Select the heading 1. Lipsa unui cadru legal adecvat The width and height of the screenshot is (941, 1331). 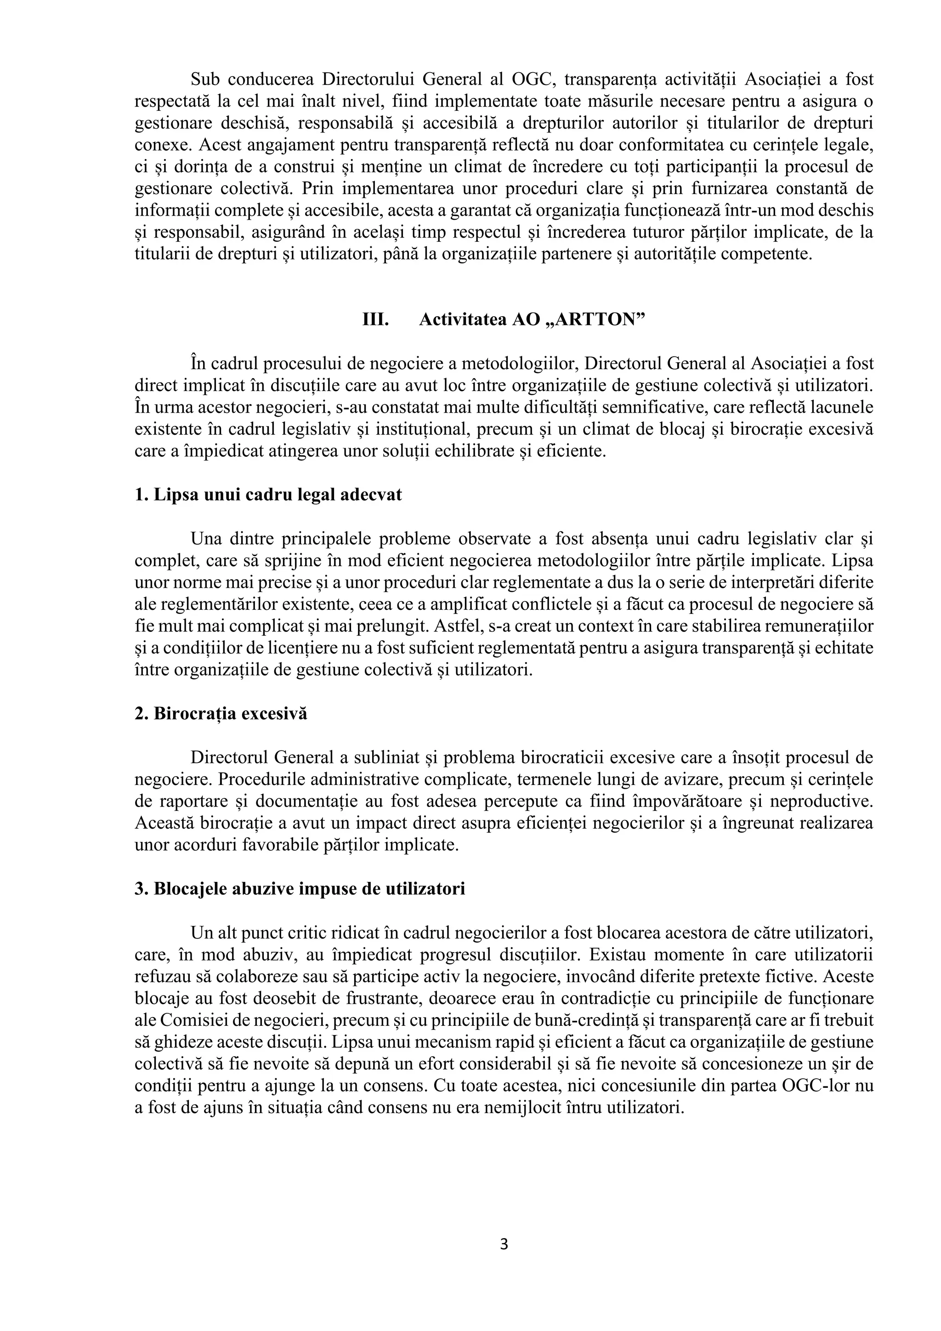[x=268, y=495]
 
